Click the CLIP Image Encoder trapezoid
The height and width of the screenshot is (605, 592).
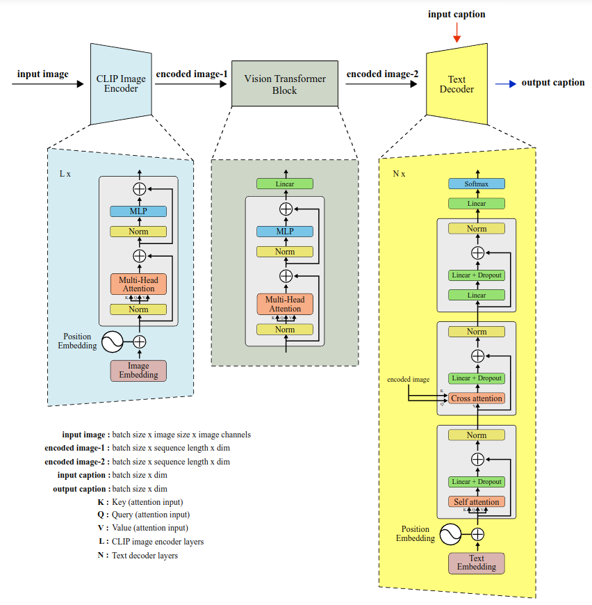(121, 84)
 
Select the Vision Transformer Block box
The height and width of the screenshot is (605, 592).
(284, 84)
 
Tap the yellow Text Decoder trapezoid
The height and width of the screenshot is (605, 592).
(457, 84)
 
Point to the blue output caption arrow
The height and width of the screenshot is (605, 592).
(505, 83)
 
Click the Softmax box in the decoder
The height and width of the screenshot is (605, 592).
(477, 184)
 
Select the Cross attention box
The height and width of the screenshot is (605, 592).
(477, 398)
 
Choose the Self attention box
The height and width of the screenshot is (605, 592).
(477, 501)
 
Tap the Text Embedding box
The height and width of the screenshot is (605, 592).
(477, 563)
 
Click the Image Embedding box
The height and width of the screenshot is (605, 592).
(138, 371)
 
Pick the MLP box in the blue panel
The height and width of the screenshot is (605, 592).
(138, 211)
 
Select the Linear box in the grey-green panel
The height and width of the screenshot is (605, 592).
(285, 184)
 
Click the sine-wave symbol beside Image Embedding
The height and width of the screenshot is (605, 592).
(113, 341)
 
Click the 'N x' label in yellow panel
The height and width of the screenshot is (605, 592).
(399, 174)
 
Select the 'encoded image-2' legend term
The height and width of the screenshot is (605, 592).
(74, 462)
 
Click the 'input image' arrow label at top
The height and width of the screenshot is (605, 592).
(42, 74)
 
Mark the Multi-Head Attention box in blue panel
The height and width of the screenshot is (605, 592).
(138, 284)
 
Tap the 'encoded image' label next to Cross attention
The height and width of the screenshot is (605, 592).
(409, 380)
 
